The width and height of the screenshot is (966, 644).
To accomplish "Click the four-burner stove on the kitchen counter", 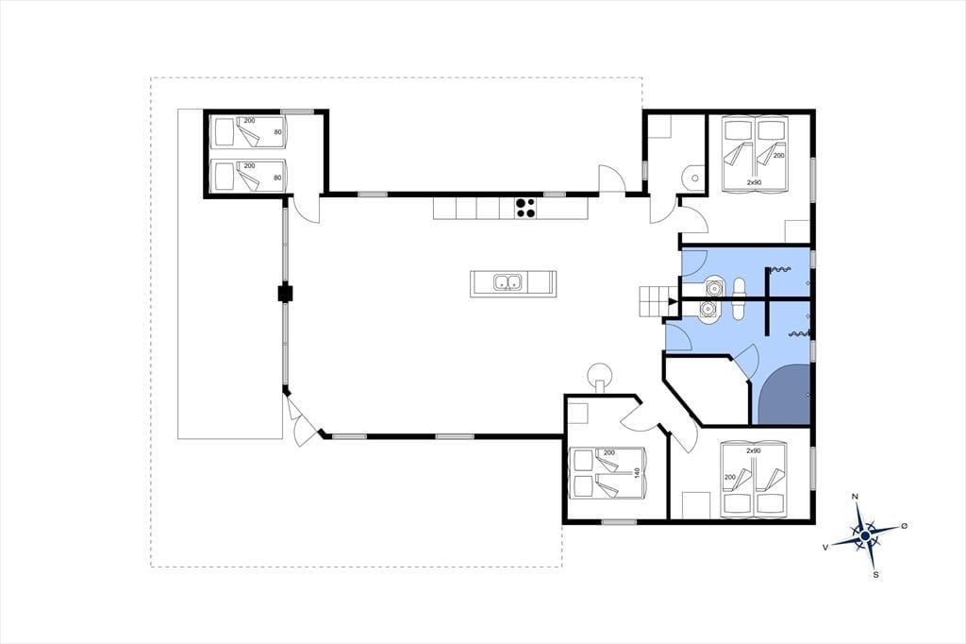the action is (525, 208).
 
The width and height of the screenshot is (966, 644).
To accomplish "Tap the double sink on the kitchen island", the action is (508, 282).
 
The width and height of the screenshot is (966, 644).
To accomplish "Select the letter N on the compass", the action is (855, 497).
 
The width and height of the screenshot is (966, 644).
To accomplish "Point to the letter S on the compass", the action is (876, 575).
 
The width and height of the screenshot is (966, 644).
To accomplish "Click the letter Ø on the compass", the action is (905, 526).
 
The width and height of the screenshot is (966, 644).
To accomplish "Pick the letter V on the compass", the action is (824, 547).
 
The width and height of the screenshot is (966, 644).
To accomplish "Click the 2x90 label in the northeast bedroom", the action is (754, 182).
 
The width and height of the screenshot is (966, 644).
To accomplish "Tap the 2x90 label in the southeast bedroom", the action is (754, 451).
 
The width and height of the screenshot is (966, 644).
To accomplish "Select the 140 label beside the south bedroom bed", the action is (638, 473).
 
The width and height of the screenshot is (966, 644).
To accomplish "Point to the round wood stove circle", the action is (599, 374).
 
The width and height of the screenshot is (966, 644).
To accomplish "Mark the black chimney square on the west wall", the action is (285, 293).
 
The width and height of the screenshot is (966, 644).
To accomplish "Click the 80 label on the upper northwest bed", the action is (277, 132).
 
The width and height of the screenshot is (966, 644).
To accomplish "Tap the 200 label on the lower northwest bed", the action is (249, 166).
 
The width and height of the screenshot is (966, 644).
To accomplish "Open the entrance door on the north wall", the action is (612, 179).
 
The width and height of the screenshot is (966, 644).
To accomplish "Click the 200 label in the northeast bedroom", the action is (778, 156).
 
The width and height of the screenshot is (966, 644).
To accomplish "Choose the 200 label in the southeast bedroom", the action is (730, 478).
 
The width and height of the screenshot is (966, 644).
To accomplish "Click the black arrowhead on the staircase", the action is (673, 301).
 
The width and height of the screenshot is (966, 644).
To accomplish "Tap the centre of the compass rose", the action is (866, 536).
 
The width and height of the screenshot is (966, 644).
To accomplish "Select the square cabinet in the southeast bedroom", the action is (696, 504).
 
